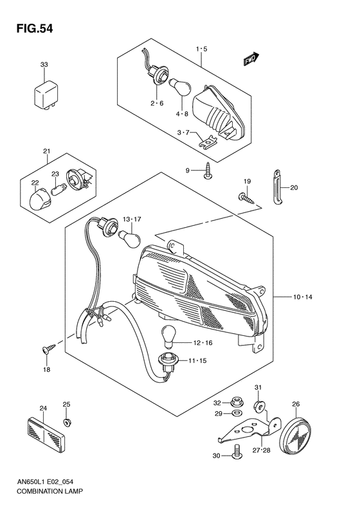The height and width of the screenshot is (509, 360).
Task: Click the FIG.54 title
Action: (34, 29)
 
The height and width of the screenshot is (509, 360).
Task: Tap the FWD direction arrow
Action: (251, 59)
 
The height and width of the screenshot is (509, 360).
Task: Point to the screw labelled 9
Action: (207, 171)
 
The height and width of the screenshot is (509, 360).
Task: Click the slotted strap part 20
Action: (276, 187)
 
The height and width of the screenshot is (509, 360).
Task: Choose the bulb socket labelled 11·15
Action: (166, 363)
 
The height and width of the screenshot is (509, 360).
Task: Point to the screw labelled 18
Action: (49, 348)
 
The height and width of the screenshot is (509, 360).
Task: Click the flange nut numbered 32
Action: (235, 403)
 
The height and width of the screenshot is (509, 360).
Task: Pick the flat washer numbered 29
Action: (237, 413)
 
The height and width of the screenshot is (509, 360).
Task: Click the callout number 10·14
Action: (302, 297)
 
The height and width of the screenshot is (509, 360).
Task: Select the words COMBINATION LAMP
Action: (50, 491)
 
